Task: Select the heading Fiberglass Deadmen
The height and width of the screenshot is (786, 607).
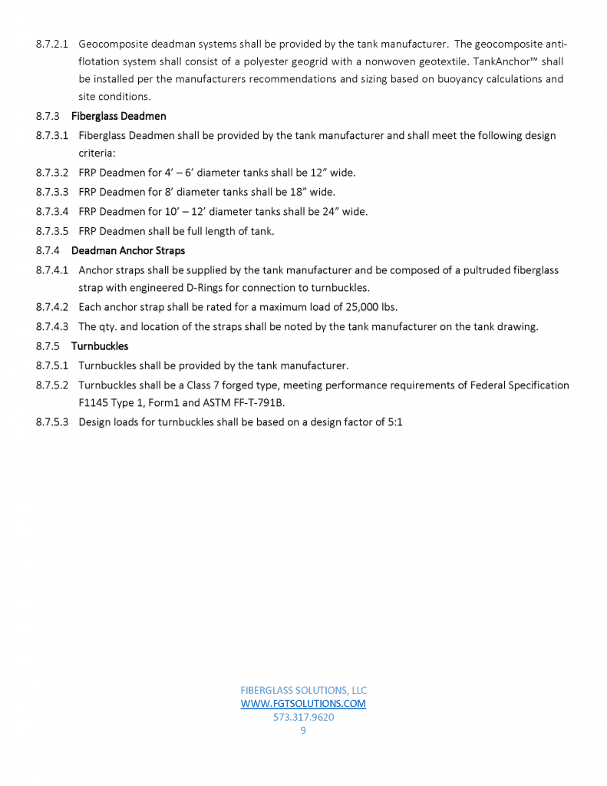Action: click(118, 117)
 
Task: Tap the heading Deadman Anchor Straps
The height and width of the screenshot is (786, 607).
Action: click(127, 251)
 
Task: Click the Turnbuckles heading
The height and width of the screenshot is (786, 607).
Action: click(100, 346)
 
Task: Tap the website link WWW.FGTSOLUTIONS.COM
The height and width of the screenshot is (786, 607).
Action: click(303, 703)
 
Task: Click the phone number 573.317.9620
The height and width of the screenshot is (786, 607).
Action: click(303, 718)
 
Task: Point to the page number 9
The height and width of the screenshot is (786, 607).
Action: click(303, 731)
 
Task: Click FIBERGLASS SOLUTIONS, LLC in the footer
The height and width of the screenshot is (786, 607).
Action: click(303, 690)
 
